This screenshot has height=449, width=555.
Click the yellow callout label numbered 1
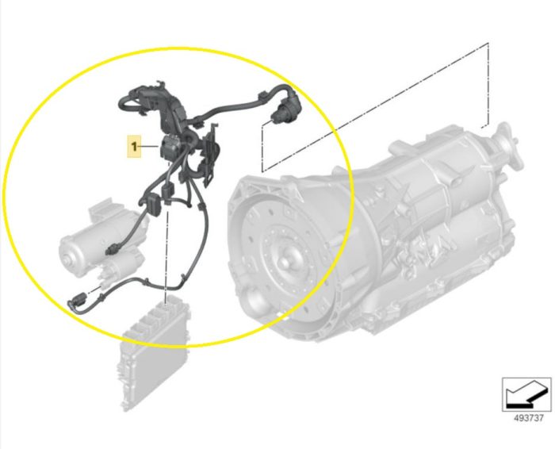[134, 146]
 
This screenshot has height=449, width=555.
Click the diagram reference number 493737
[529, 418]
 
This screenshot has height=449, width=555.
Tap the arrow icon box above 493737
[527, 394]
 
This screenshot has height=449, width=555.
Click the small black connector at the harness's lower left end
[77, 300]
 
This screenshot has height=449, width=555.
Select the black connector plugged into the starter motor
[113, 250]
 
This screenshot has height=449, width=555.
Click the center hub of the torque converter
[285, 262]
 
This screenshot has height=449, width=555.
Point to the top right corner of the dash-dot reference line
[488, 44]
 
